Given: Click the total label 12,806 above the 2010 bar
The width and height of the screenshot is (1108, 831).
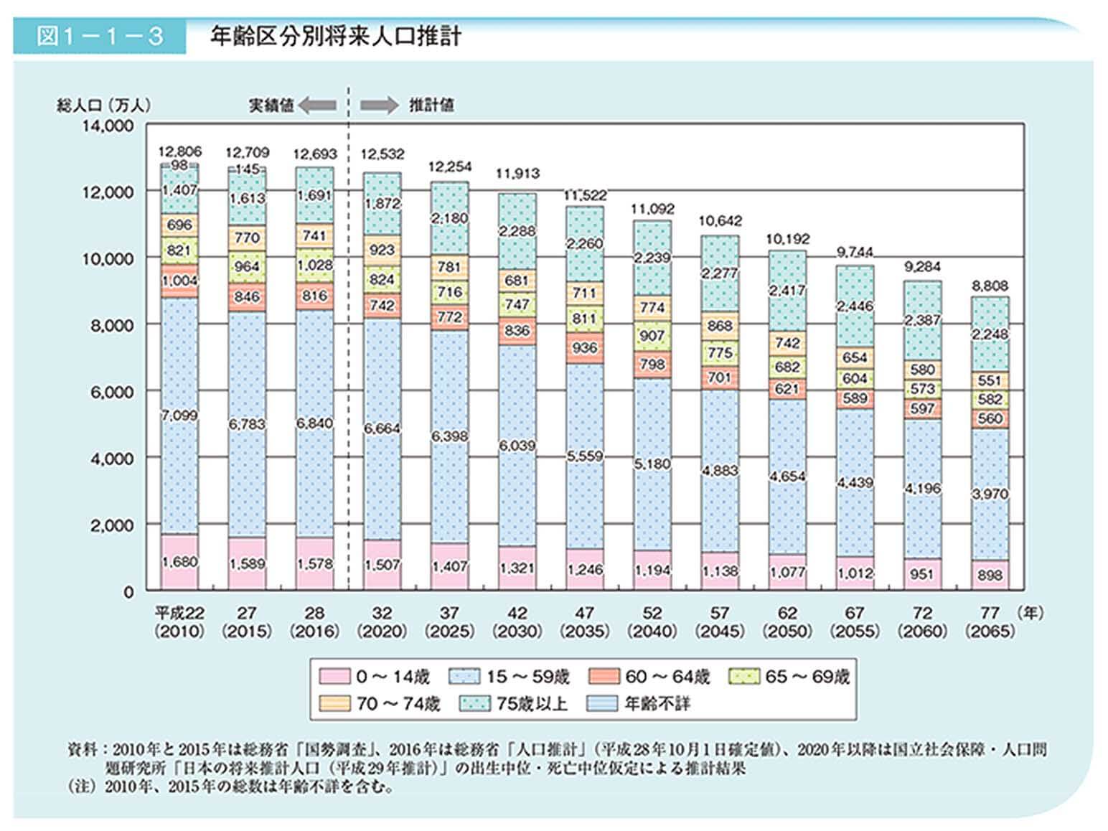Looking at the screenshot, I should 179,151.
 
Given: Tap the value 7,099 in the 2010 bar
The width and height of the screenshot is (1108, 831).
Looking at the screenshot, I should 179,415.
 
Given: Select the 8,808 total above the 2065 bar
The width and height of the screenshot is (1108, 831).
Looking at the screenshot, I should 990,286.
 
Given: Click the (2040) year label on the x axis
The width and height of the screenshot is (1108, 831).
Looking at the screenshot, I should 652,632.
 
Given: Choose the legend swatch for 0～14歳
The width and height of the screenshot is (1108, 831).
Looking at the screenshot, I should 334,677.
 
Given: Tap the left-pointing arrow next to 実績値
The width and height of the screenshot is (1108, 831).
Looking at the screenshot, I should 317,105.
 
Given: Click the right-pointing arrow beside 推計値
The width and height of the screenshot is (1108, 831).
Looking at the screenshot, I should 379,105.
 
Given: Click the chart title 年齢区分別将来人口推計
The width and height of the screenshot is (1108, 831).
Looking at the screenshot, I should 335,37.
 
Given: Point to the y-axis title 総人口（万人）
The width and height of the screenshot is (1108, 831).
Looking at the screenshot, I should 104,105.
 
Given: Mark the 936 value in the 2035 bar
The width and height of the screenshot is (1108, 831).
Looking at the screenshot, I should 585,348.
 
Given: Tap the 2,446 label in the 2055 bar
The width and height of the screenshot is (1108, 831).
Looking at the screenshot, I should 855,306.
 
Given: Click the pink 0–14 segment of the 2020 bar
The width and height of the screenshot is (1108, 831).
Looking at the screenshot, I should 382,565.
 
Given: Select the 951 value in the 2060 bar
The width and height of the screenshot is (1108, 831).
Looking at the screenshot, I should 922,573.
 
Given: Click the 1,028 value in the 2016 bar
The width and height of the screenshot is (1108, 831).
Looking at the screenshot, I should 314,265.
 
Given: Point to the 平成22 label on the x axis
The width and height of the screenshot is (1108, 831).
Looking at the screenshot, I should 179,614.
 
